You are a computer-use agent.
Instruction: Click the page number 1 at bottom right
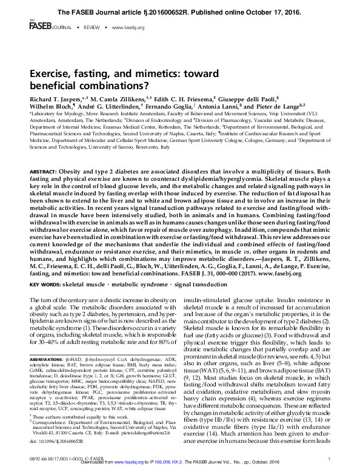(x=327, y=460)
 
